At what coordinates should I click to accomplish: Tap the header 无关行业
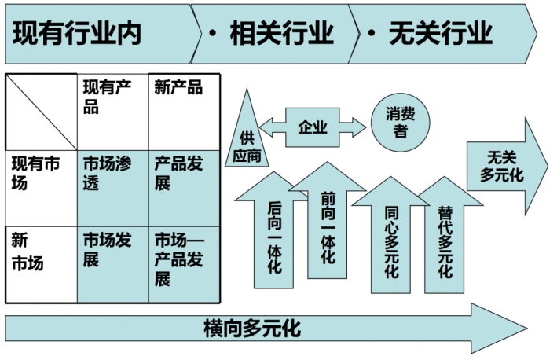point(440,34)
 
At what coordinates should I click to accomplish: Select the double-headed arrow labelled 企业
point(313,127)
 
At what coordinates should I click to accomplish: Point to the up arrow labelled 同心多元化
point(391,236)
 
